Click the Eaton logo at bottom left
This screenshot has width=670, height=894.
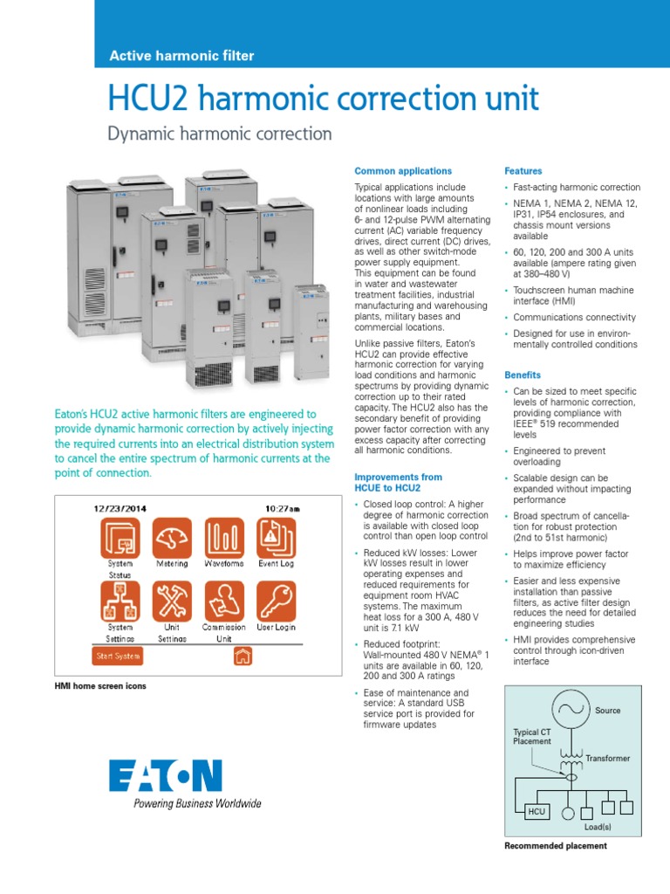(x=166, y=776)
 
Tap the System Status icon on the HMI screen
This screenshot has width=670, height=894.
(x=120, y=537)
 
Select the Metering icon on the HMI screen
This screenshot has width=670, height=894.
(x=172, y=537)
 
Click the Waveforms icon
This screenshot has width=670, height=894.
(x=223, y=537)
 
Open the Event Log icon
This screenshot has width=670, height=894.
(x=276, y=537)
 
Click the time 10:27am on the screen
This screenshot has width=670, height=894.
(x=282, y=507)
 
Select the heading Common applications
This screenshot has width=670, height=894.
(x=402, y=171)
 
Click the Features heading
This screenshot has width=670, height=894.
(x=523, y=171)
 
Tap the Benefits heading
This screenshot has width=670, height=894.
(x=523, y=375)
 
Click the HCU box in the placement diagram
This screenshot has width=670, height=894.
(x=537, y=811)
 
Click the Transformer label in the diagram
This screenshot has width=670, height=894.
(x=607, y=759)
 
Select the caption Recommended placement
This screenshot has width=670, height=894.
(x=556, y=846)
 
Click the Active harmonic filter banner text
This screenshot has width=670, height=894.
(x=181, y=56)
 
